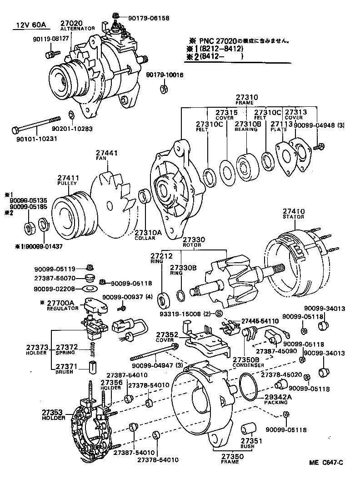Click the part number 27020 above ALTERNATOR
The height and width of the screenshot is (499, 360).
pyautogui.click(x=70, y=22)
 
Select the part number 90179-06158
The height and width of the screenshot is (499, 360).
pyautogui.click(x=148, y=18)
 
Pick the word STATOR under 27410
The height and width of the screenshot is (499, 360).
pyautogui.click(x=294, y=217)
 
